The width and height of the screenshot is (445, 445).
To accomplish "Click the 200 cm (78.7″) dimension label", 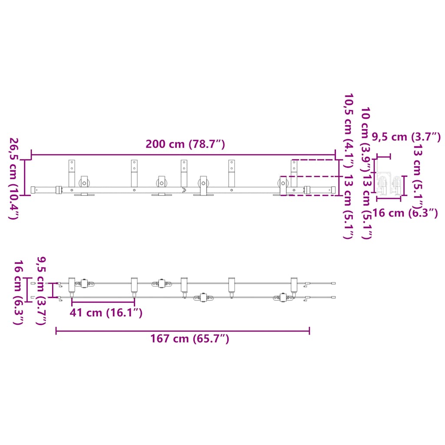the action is point(185,144).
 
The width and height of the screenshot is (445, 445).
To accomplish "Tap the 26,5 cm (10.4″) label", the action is point(14,179).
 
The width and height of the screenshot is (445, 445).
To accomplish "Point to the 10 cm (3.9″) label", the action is point(366,139).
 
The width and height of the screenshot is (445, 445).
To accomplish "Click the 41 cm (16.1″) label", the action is point(106,313).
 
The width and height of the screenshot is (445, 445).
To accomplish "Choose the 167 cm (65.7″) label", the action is point(189,339).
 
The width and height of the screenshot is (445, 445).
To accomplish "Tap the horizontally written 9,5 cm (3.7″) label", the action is point(406,137).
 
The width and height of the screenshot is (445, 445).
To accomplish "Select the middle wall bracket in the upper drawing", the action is point(184,174).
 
